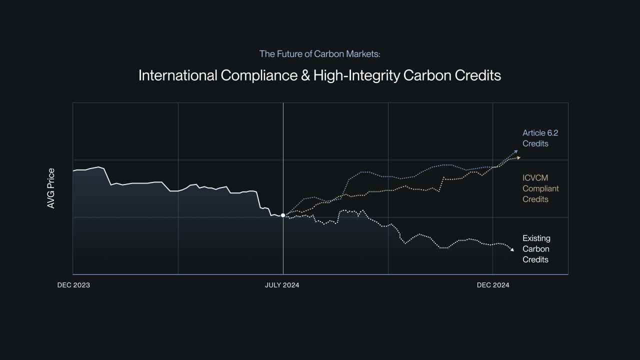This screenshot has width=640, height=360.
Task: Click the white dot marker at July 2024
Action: tap(283, 215)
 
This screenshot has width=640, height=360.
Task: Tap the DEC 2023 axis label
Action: tap(73, 285)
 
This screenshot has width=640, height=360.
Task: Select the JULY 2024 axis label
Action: tap(282, 285)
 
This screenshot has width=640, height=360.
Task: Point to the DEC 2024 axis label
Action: tap(493, 285)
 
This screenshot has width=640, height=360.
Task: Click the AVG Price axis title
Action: tap(51, 188)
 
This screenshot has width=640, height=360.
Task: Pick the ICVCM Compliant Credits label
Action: tap(540, 188)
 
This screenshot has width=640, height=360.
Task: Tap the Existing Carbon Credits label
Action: tap(536, 249)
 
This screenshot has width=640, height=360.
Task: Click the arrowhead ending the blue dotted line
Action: tap(516, 151)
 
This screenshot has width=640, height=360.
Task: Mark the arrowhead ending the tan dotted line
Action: tap(518, 158)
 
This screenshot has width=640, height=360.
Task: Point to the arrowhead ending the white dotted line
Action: tap(511, 250)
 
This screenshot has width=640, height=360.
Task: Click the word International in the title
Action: tap(177, 75)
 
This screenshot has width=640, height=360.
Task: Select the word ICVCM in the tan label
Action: tap(535, 178)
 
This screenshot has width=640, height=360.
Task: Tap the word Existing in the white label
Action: tap(536, 238)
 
